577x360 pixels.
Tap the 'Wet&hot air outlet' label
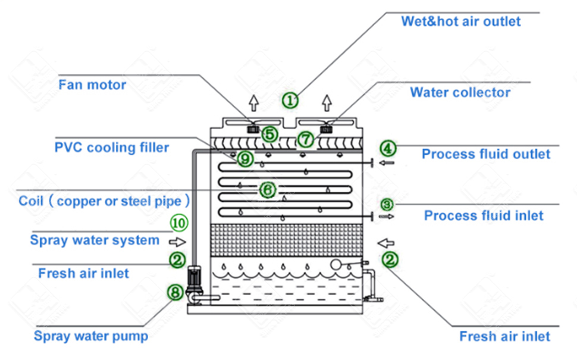click(460, 21)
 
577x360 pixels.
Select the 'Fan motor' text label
click(92, 84)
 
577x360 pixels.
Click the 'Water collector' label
click(460, 92)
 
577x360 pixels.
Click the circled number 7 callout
click(305, 139)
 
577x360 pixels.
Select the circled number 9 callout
click(245, 159)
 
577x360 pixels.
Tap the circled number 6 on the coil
click(268, 190)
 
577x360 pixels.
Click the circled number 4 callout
click(387, 148)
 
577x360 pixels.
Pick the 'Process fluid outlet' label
click(486, 154)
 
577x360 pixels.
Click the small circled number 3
click(387, 204)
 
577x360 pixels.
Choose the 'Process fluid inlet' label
click(484, 215)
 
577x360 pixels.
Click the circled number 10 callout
click(179, 223)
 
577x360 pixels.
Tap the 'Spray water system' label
click(95, 240)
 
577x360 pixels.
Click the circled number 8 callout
click(174, 292)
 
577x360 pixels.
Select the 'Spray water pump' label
click(90, 336)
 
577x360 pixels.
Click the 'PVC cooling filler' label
click(112, 147)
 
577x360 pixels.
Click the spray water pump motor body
click(195, 278)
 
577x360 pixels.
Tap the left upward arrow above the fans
click(253, 103)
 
